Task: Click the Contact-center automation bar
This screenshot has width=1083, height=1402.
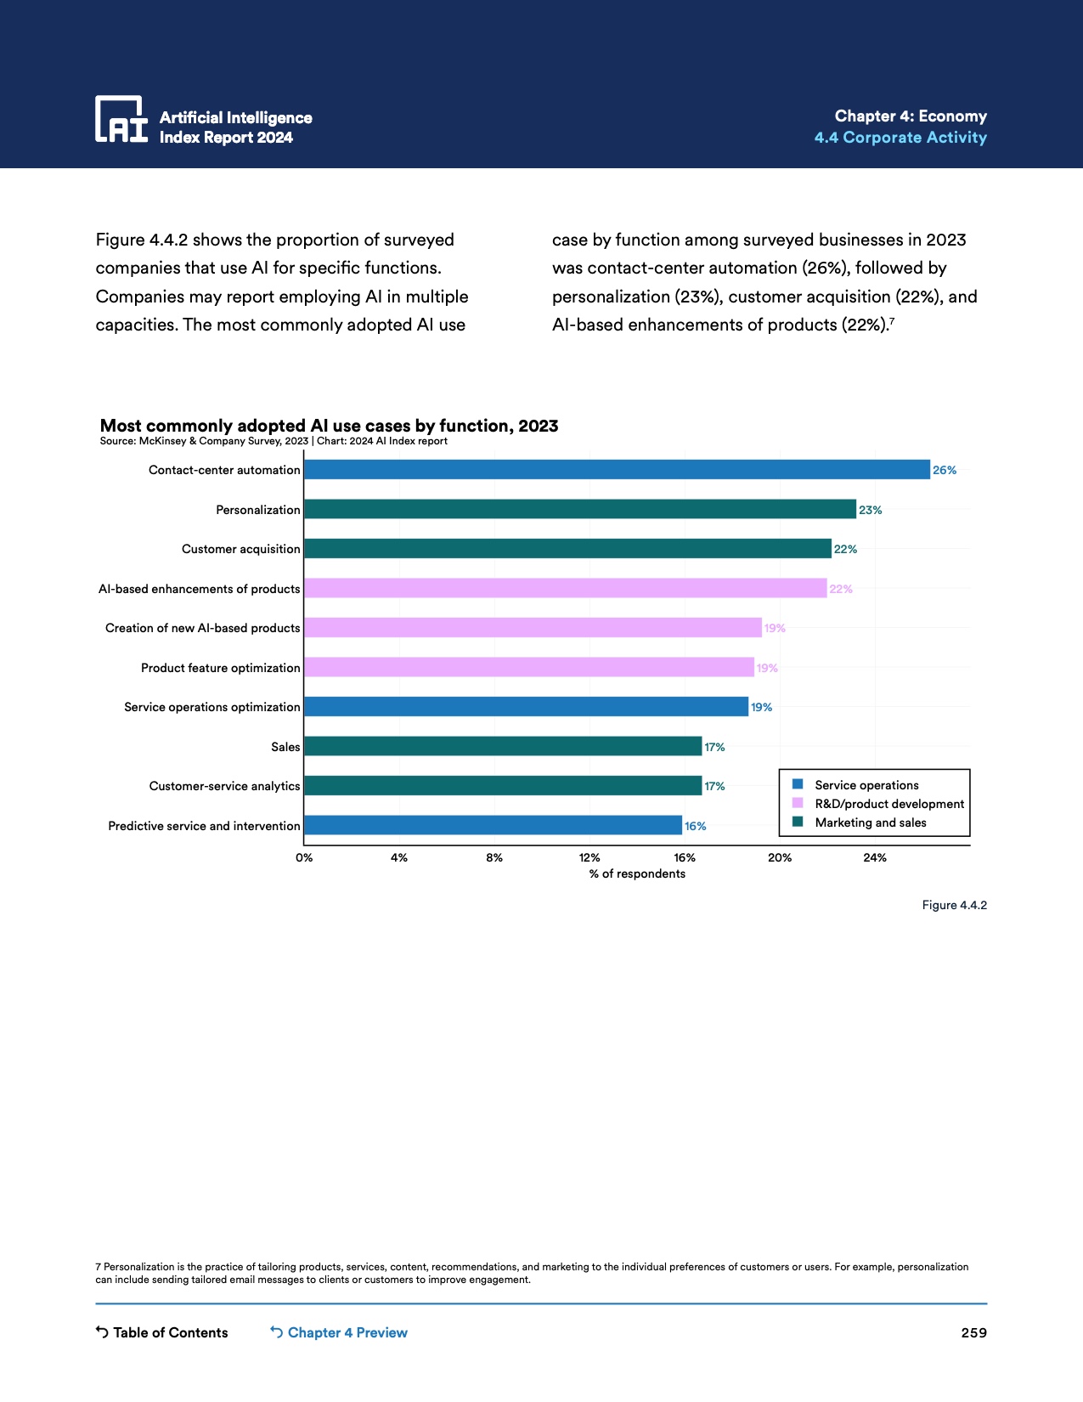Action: (x=617, y=470)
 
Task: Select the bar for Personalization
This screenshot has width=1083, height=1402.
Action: (x=580, y=509)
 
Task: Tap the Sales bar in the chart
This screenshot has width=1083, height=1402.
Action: (x=503, y=746)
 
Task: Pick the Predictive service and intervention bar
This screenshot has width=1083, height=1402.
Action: (x=493, y=825)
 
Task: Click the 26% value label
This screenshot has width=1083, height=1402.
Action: (x=945, y=470)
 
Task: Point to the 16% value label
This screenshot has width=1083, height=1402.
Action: (x=696, y=826)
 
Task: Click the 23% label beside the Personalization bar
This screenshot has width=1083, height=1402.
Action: (x=871, y=510)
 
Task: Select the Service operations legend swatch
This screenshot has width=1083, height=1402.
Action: (x=798, y=784)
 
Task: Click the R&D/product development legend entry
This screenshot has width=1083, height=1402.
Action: (x=888, y=804)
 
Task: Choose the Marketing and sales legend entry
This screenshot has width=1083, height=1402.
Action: (x=870, y=823)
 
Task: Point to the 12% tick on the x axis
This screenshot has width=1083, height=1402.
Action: (x=589, y=857)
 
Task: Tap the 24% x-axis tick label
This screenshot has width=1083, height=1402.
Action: (x=875, y=857)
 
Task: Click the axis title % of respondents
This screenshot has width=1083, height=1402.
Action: (x=637, y=873)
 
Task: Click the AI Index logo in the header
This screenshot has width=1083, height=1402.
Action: (x=121, y=119)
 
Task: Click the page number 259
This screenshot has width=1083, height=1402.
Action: (x=973, y=1332)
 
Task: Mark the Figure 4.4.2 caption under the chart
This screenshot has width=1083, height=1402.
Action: (x=954, y=905)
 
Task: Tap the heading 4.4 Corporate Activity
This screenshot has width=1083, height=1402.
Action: (x=900, y=138)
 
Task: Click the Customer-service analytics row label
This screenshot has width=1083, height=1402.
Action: (x=224, y=786)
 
